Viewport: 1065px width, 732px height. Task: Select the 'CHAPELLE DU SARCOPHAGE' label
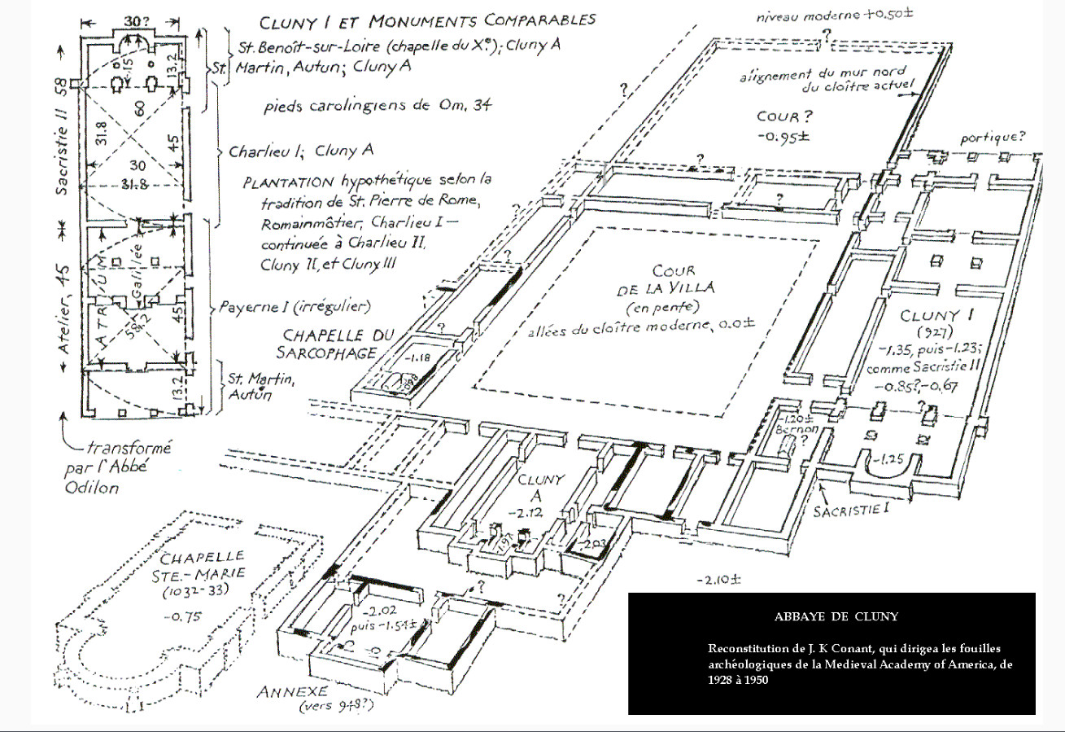[x=338, y=343]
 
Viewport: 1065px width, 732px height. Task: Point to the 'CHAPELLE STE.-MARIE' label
[x=203, y=568]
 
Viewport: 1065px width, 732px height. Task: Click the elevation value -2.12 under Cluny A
[x=534, y=511]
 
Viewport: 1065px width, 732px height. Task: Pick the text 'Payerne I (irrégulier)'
[x=294, y=308]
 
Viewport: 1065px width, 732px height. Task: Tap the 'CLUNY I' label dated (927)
[x=931, y=316]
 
